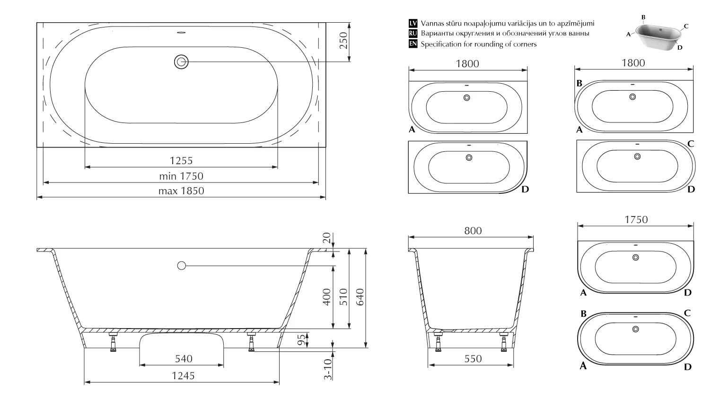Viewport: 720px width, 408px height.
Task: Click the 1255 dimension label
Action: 181,160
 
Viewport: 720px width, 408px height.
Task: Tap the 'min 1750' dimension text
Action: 181,176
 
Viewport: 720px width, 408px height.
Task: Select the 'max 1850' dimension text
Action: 181,191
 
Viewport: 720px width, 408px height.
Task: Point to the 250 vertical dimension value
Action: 343,41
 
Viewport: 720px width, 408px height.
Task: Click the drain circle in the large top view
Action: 181,61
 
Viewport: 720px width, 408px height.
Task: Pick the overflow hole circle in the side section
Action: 182,266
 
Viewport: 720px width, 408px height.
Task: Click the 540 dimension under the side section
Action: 184,358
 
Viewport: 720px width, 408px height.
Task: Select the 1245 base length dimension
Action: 183,375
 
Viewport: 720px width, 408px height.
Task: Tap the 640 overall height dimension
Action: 360,297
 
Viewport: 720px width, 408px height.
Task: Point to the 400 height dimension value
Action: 326,297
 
